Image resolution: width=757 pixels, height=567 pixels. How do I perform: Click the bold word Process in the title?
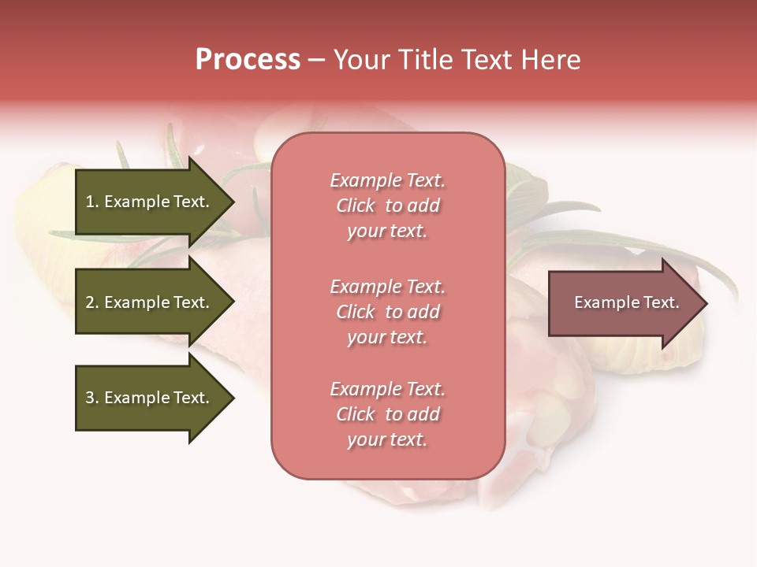click(x=248, y=60)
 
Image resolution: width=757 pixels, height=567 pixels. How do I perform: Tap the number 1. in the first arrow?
click(x=92, y=202)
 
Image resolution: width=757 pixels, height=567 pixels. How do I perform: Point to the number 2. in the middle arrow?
click(x=92, y=302)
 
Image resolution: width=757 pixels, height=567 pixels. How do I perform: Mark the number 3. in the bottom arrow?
click(x=92, y=398)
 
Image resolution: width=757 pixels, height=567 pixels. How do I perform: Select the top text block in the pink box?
click(x=387, y=206)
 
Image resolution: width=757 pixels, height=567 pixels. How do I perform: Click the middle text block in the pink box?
click(x=387, y=312)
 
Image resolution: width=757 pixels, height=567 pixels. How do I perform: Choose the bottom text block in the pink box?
click(x=387, y=414)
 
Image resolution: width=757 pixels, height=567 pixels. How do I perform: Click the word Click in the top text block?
click(x=356, y=206)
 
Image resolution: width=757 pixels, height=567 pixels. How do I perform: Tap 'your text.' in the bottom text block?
click(x=387, y=439)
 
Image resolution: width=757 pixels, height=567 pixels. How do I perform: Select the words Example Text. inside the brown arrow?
click(x=626, y=302)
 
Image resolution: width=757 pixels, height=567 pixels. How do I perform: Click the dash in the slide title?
click(x=316, y=61)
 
